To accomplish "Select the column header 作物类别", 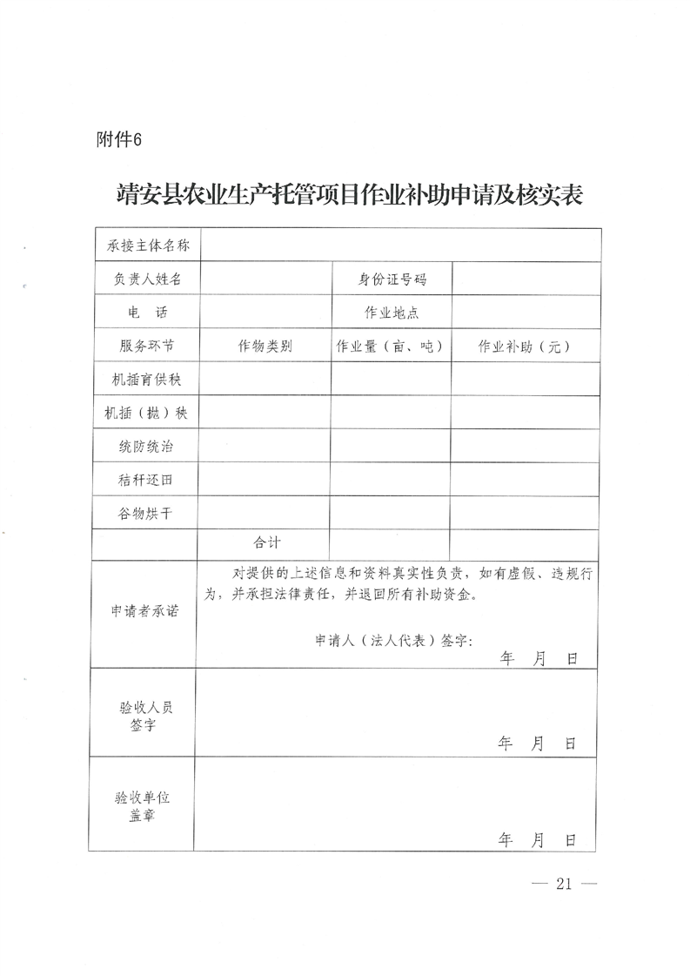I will point(265,346).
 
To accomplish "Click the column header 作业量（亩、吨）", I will point(391,346).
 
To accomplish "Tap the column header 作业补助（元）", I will point(525,346).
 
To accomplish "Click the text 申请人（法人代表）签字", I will point(393,640).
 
